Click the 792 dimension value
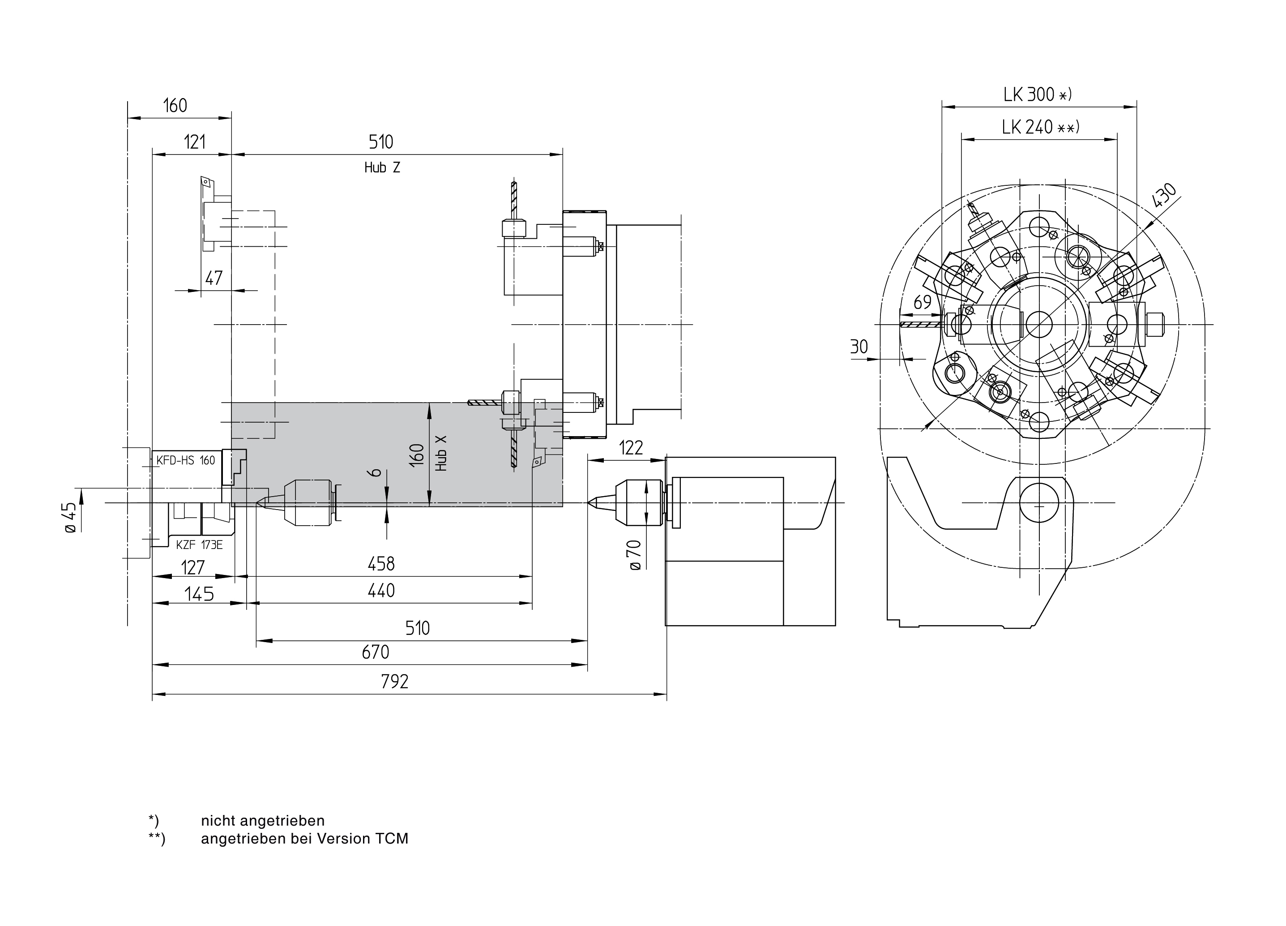click(x=395, y=681)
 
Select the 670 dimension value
click(x=376, y=652)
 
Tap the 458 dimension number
click(x=381, y=564)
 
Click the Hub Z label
click(x=382, y=168)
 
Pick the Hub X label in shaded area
click(x=442, y=453)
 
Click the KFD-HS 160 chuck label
click(x=186, y=460)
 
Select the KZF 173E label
click(x=199, y=545)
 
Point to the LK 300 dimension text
click(x=1037, y=94)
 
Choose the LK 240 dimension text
click(x=1040, y=127)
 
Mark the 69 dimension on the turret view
click(x=923, y=302)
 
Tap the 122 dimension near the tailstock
click(x=631, y=448)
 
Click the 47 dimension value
click(x=214, y=278)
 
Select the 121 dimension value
click(x=194, y=142)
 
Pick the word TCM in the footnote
click(x=391, y=839)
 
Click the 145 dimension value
click(x=200, y=594)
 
